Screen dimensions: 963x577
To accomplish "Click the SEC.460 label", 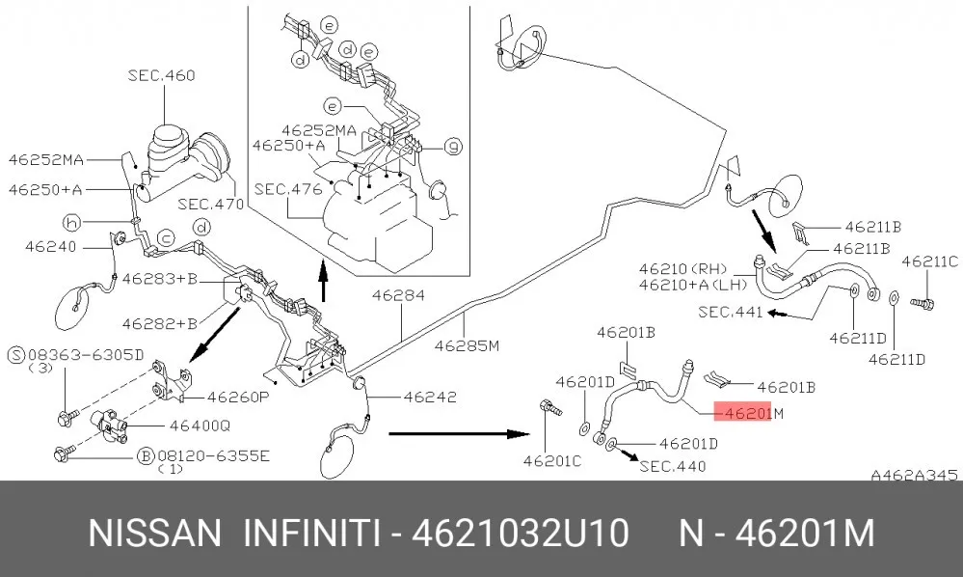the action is click(x=162, y=75).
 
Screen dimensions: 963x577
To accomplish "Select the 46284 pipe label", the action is click(x=398, y=295).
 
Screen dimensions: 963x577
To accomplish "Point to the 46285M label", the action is click(x=467, y=346).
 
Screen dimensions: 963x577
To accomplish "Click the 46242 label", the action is click(x=430, y=397).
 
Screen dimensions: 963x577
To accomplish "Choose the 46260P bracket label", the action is click(x=238, y=397).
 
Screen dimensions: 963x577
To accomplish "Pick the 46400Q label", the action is click(x=200, y=426).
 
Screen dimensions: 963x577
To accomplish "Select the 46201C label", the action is click(x=552, y=461).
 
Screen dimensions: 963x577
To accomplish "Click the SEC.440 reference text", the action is click(x=673, y=466).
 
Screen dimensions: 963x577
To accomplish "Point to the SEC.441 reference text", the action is click(x=731, y=313).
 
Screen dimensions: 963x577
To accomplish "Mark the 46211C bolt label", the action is click(x=930, y=261).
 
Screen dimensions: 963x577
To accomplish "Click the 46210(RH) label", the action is click(x=682, y=269).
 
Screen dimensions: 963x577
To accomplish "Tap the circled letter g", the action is click(x=453, y=147).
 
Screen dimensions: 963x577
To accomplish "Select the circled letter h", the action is click(x=72, y=223).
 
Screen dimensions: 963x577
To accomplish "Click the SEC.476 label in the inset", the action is click(x=288, y=189).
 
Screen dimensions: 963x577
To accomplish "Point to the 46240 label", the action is click(x=51, y=247).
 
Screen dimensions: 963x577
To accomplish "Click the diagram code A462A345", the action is click(x=915, y=475).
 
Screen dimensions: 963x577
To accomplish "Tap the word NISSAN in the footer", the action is click(x=155, y=533).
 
